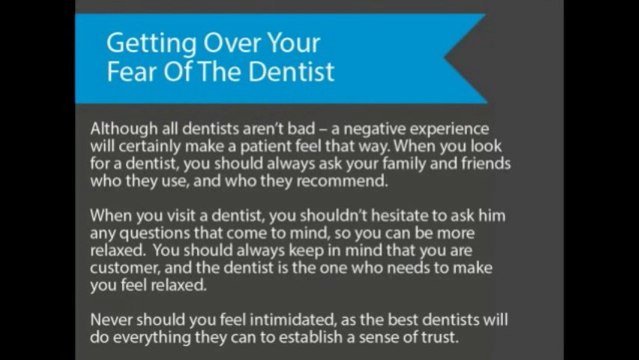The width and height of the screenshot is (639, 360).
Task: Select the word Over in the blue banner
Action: tap(228, 45)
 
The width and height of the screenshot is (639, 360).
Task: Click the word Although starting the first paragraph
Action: tap(122, 131)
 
